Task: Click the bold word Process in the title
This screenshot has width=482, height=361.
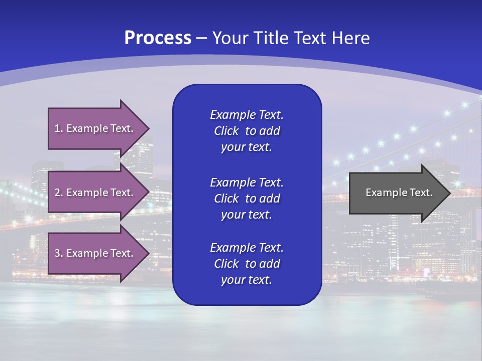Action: tap(158, 38)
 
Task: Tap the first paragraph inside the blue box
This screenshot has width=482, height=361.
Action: tap(247, 131)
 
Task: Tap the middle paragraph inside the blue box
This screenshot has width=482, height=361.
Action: tap(247, 198)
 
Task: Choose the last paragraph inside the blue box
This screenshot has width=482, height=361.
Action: tap(247, 264)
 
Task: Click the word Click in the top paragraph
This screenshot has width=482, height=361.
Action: tap(226, 131)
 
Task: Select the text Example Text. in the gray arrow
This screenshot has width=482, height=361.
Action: tap(399, 193)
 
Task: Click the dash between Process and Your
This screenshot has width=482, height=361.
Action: tap(202, 39)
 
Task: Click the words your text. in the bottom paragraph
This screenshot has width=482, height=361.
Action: tap(247, 280)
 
